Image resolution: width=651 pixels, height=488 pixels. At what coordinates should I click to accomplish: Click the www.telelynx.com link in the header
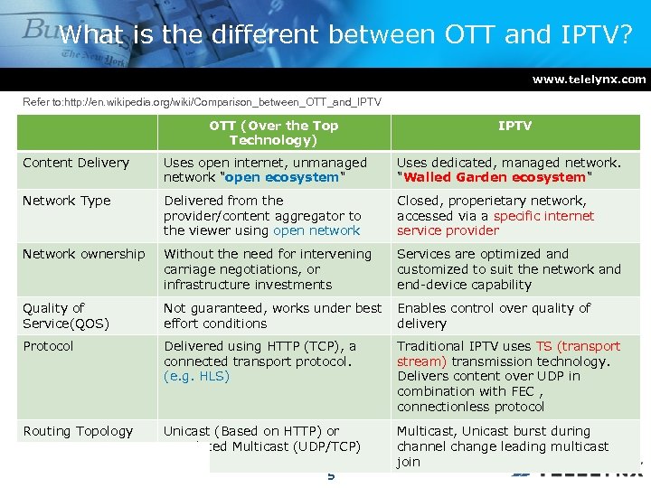589,80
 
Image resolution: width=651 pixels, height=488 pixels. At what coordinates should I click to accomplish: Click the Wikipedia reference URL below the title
202,102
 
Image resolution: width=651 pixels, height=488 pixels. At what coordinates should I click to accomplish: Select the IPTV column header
514,126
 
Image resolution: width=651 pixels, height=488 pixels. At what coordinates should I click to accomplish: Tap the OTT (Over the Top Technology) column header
273,133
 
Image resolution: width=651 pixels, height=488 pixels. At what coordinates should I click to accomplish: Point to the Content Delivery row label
76,163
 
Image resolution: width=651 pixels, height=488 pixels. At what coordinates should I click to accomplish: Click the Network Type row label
67,201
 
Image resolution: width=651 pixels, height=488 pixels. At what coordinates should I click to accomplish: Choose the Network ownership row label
83,254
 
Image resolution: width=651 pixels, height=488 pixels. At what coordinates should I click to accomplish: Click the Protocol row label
48,346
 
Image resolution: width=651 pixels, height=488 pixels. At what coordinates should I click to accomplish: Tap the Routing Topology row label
78,431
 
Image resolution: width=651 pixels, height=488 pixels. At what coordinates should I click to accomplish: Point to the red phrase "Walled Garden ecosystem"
495,178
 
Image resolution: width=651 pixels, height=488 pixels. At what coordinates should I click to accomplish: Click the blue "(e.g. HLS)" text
196,376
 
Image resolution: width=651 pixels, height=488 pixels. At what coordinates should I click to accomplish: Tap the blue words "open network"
316,230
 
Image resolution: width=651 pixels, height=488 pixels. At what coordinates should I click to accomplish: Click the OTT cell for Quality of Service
272,315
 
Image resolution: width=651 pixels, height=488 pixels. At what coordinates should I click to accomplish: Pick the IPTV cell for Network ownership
508,269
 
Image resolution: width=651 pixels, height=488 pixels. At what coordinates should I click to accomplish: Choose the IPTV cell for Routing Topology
503,446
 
